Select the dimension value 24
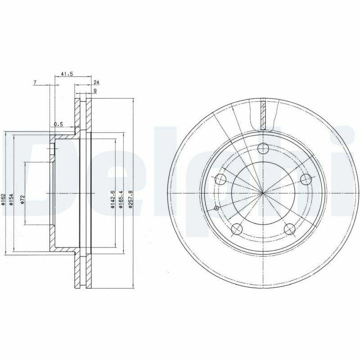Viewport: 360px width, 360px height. pyautogui.click(x=96, y=82)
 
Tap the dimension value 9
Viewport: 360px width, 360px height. pyautogui.click(x=95, y=91)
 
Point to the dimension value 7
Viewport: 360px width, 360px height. pyautogui.click(x=35, y=82)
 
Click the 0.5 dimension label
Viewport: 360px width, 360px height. pyautogui.click(x=58, y=124)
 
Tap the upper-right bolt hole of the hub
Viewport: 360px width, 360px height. pyautogui.click(x=306, y=179)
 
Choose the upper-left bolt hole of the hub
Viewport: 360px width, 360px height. pyautogui.click(x=220, y=179)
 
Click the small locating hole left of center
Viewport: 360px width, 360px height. pyautogui.click(x=216, y=208)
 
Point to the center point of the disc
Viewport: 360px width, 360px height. pyautogui.click(x=263, y=193)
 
